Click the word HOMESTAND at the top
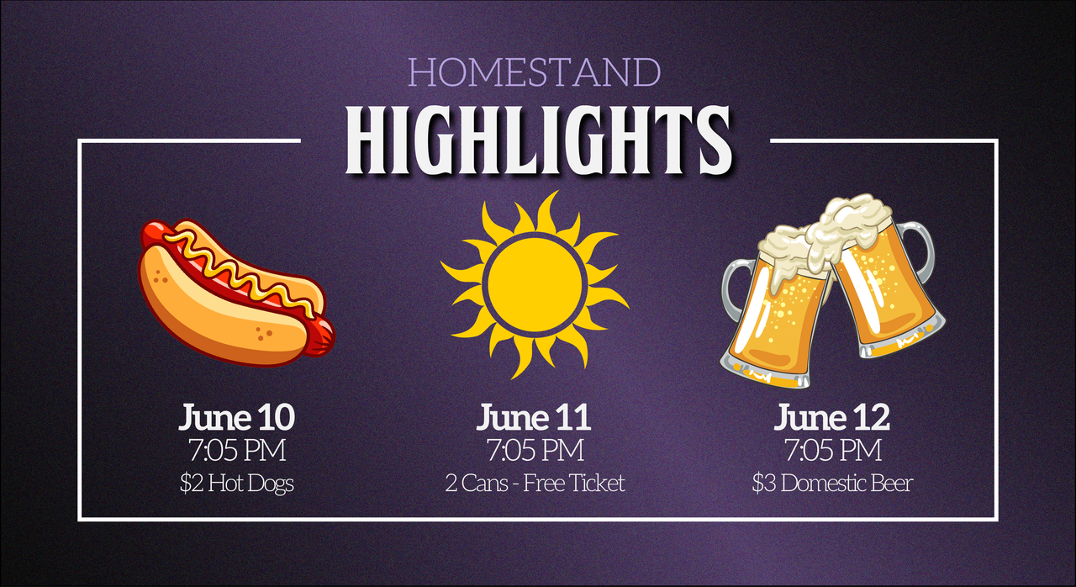[x=534, y=72]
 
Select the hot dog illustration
[x=237, y=293]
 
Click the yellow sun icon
[x=535, y=284]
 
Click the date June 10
[x=236, y=417]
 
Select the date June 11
[x=533, y=417]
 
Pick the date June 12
[x=831, y=417]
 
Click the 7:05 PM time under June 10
[x=237, y=450]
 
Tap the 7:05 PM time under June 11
[x=535, y=450]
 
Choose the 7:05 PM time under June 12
[x=833, y=450]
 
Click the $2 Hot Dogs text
[x=237, y=484]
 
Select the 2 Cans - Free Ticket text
[x=535, y=483]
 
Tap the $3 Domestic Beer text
[x=832, y=483]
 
